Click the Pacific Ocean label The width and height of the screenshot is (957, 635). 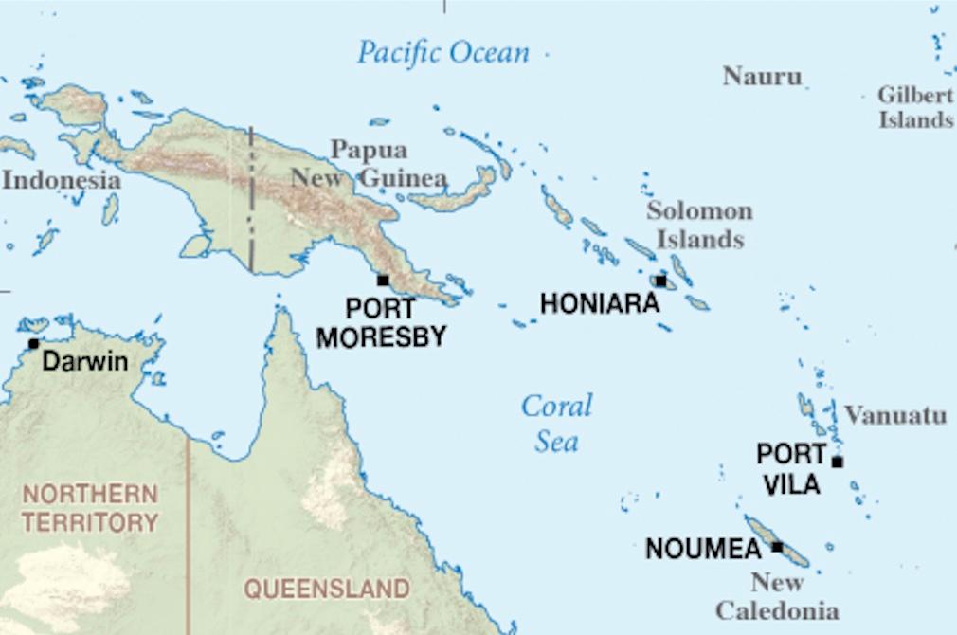coord(442,52)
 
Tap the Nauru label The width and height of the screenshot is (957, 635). coord(762,76)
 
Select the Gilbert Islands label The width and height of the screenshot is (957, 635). coord(915,107)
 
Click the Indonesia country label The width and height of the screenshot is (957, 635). coord(61,180)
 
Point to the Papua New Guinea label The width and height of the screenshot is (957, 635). coord(370,164)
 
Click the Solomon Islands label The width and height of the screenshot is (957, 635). coord(699,225)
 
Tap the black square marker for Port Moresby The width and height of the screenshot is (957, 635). coord(383,281)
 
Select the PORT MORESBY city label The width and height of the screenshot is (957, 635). coord(381,322)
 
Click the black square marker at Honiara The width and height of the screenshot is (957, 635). coord(660,281)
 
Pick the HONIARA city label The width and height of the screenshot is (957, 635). coord(599,303)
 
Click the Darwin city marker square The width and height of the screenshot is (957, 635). coord(34,343)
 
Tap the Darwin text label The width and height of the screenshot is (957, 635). coord(85,361)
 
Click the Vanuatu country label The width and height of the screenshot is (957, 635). coord(895,415)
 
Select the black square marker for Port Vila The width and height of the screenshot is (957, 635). coord(837,462)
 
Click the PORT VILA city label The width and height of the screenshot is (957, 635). coord(790,468)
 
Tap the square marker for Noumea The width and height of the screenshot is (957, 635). coord(777,547)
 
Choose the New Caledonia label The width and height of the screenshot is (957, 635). coord(777,596)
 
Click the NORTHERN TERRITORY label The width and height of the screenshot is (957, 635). coord(91,507)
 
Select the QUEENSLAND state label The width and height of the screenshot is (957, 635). coord(327,589)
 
